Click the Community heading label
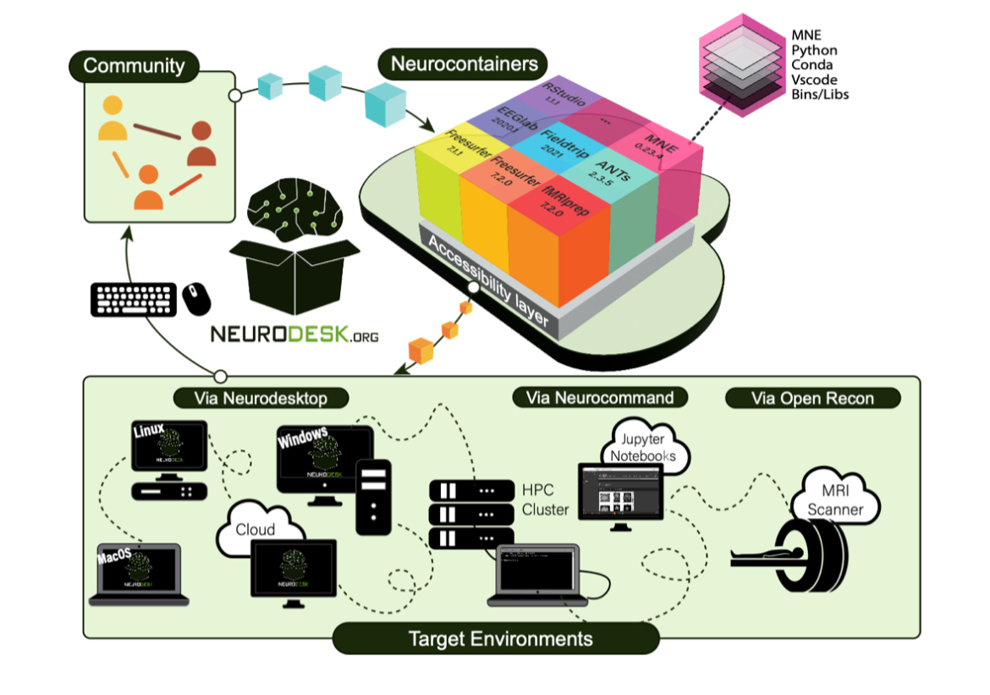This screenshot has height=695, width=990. [134, 66]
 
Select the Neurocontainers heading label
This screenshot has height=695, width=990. [464, 63]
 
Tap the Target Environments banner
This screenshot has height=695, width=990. [495, 637]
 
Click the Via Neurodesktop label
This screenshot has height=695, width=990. [262, 397]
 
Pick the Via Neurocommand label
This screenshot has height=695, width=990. [599, 397]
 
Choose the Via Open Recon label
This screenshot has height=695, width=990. [812, 398]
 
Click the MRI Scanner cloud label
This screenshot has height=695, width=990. [835, 500]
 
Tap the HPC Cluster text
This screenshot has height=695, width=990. [545, 499]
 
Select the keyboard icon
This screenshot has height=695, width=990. [134, 300]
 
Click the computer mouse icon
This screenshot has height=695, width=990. [196, 297]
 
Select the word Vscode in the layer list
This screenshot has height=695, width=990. [811, 80]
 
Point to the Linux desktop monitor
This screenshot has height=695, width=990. [169, 448]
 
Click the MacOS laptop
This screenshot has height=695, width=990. [138, 572]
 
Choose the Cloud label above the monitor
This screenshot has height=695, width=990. [256, 529]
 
